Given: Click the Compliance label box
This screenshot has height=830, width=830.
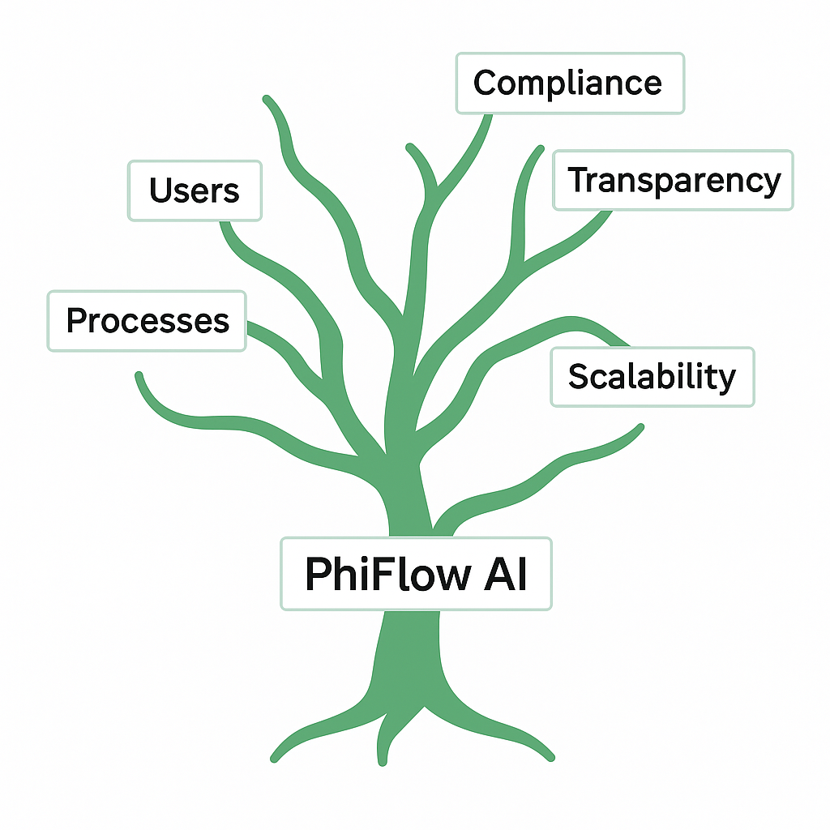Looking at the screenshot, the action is click(x=570, y=83).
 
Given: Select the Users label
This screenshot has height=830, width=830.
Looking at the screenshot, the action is click(x=195, y=190).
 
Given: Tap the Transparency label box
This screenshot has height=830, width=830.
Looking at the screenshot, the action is click(x=673, y=181).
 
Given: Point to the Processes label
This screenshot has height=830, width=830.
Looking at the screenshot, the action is click(x=147, y=321).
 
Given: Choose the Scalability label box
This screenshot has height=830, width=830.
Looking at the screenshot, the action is click(x=652, y=377).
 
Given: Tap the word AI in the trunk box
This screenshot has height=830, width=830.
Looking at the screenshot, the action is click(x=505, y=574).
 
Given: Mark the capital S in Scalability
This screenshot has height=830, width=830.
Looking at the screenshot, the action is click(x=579, y=376).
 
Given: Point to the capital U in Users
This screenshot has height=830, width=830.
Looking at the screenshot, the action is click(x=160, y=190).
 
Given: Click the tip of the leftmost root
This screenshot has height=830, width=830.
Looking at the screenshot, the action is click(x=274, y=759).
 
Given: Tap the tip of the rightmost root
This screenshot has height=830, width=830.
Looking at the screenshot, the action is click(x=550, y=758).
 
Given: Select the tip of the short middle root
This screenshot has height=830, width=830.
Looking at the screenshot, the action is click(x=383, y=762).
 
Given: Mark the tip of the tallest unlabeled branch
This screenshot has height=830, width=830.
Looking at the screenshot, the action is click(x=266, y=99).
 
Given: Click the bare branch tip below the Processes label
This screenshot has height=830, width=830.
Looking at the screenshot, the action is click(x=139, y=376).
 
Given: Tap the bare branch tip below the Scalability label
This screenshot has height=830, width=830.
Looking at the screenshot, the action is click(x=640, y=427).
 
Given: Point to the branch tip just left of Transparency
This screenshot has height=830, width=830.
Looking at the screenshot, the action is click(x=541, y=149).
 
